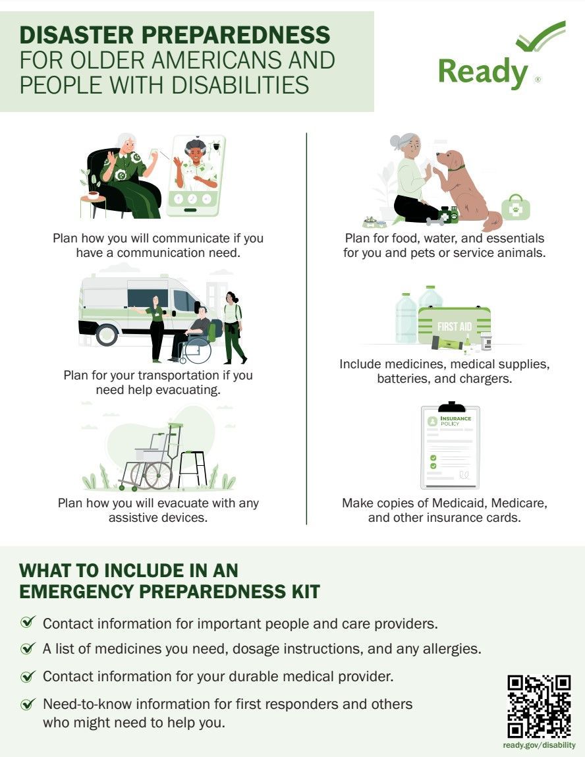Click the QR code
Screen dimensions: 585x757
[x=539, y=706]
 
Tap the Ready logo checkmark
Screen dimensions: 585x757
[x=541, y=36]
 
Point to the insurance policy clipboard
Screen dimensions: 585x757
[x=451, y=445]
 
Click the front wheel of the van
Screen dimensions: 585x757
[x=107, y=334]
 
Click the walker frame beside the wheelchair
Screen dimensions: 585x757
[x=192, y=469]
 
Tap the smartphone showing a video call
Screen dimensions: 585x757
[x=196, y=176]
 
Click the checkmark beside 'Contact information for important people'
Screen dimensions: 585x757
[x=28, y=622]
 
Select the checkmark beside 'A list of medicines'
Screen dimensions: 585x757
[x=28, y=648]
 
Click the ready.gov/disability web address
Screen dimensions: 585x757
[x=539, y=745]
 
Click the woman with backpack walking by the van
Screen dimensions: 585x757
[x=234, y=328]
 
